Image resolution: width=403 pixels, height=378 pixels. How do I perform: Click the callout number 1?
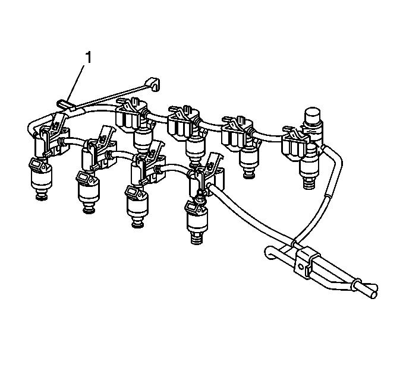[x=88, y=57]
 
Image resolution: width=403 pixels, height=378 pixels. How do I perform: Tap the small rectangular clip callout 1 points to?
[x=63, y=104]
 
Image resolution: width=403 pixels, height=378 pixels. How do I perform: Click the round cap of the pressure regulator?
[x=312, y=115]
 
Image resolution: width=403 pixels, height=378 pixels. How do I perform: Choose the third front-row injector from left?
[x=137, y=206]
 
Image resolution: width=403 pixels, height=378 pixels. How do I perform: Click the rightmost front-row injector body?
[x=197, y=221]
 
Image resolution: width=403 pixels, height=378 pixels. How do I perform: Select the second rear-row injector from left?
[x=196, y=152]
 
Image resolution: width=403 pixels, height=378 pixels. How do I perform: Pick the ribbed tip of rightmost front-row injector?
[x=197, y=239]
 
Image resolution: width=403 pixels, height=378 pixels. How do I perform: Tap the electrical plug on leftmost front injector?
[x=36, y=163]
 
